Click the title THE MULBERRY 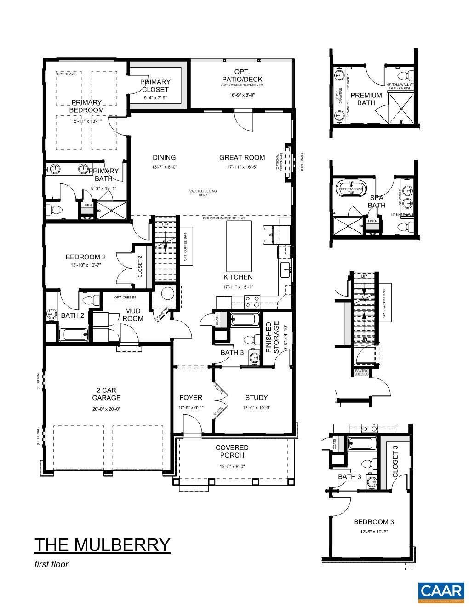tap(102, 544)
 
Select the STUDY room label tap(256, 398)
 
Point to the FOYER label tap(191, 398)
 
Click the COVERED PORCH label tap(232, 451)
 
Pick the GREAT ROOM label tap(242, 157)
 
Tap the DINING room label tap(164, 157)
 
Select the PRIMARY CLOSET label tap(155, 86)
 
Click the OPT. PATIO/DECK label tap(242, 75)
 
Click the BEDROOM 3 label tap(373, 522)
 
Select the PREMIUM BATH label tap(366, 99)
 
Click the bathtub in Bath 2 tap(74, 334)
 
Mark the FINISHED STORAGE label tap(273, 338)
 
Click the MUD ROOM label tap(133, 315)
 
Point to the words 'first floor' tap(51, 564)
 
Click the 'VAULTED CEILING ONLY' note tap(203, 193)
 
